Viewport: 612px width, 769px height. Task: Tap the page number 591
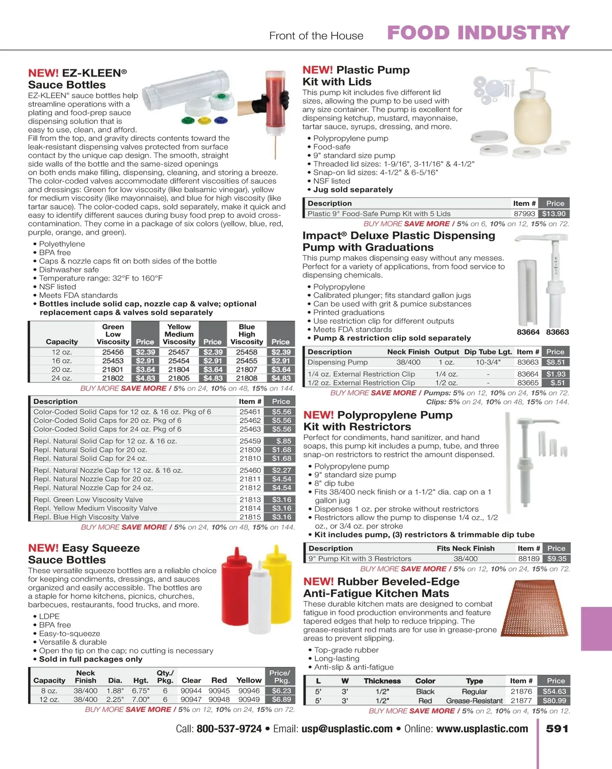(x=557, y=729)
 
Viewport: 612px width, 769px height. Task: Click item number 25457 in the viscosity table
(x=178, y=352)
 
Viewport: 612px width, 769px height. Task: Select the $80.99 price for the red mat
(x=554, y=701)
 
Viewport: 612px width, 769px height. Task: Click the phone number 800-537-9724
(x=229, y=729)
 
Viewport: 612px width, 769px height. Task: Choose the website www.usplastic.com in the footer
(x=482, y=729)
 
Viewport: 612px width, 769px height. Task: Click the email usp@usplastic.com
(x=347, y=729)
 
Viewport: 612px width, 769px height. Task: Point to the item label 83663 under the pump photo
(x=557, y=332)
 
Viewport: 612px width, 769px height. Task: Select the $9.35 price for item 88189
(x=556, y=559)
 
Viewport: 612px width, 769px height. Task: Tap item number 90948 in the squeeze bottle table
(x=219, y=700)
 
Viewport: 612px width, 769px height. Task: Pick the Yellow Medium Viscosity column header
(x=179, y=334)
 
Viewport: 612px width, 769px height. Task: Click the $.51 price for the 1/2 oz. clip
(x=557, y=382)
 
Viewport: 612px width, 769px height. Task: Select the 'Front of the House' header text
(x=316, y=36)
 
